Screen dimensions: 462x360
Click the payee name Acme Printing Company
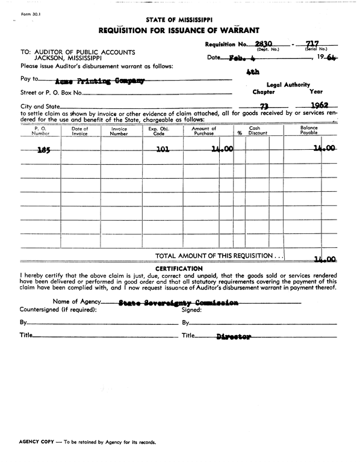click(99, 81)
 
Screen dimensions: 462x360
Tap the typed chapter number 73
click(264, 106)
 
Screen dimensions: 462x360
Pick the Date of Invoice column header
click(80, 131)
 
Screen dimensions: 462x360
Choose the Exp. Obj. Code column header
click(158, 131)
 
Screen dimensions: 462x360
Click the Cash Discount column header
click(258, 131)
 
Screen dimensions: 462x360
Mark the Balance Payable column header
click(309, 131)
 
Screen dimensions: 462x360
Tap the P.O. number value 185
click(43, 151)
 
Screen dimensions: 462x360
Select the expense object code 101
click(162, 150)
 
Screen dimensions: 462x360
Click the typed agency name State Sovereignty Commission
click(178, 304)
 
